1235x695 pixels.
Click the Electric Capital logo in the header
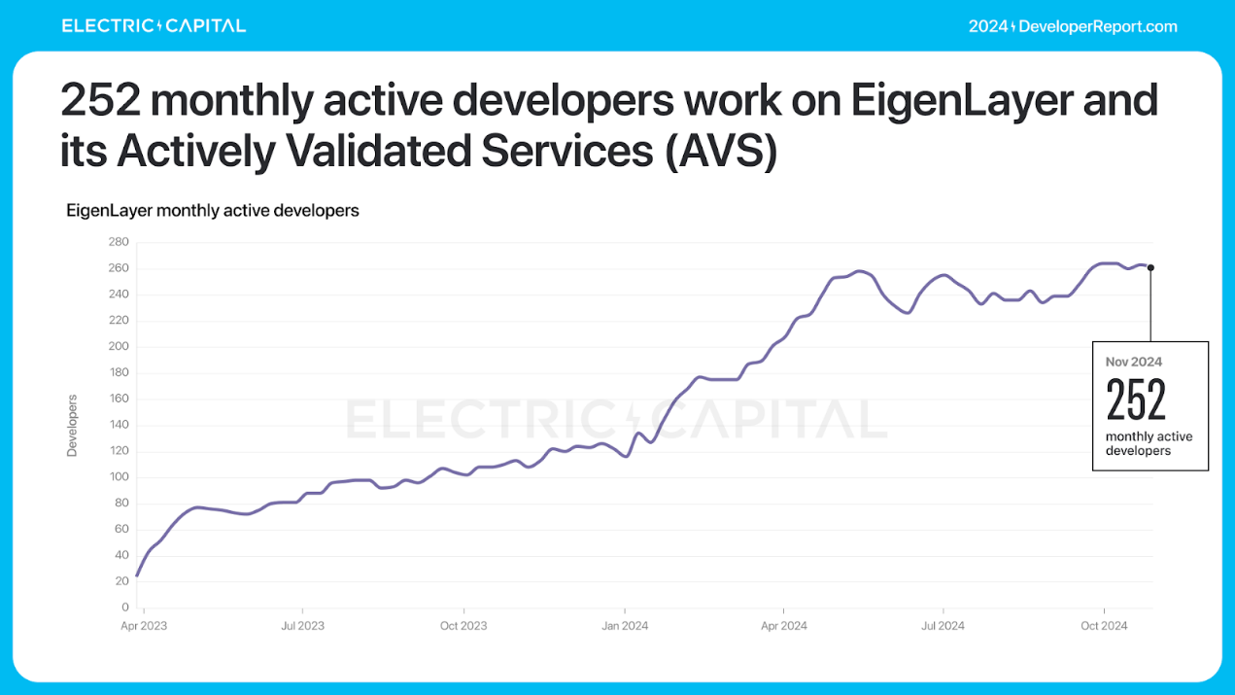[x=154, y=26]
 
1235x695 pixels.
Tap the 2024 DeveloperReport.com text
[x=1073, y=26]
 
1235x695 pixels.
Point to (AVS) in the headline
[x=721, y=152]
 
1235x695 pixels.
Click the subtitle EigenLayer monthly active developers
[x=212, y=210]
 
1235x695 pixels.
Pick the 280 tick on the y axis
[x=119, y=242]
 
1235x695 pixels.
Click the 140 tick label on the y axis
[x=119, y=425]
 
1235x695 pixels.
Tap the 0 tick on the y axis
[x=125, y=608]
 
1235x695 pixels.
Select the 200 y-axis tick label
[x=119, y=347]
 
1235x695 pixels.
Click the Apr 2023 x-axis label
[x=143, y=626]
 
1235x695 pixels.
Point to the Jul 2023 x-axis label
[x=301, y=626]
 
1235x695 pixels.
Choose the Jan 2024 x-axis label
[x=625, y=626]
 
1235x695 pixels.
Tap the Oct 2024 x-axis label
[x=1104, y=626]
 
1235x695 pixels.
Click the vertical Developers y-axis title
[x=72, y=425]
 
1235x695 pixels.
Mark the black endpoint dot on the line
[x=1150, y=267]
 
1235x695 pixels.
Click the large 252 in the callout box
[x=1136, y=399]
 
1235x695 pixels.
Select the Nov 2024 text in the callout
[x=1133, y=362]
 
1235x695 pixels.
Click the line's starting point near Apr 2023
[x=137, y=575]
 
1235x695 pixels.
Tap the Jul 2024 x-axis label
[x=942, y=626]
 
